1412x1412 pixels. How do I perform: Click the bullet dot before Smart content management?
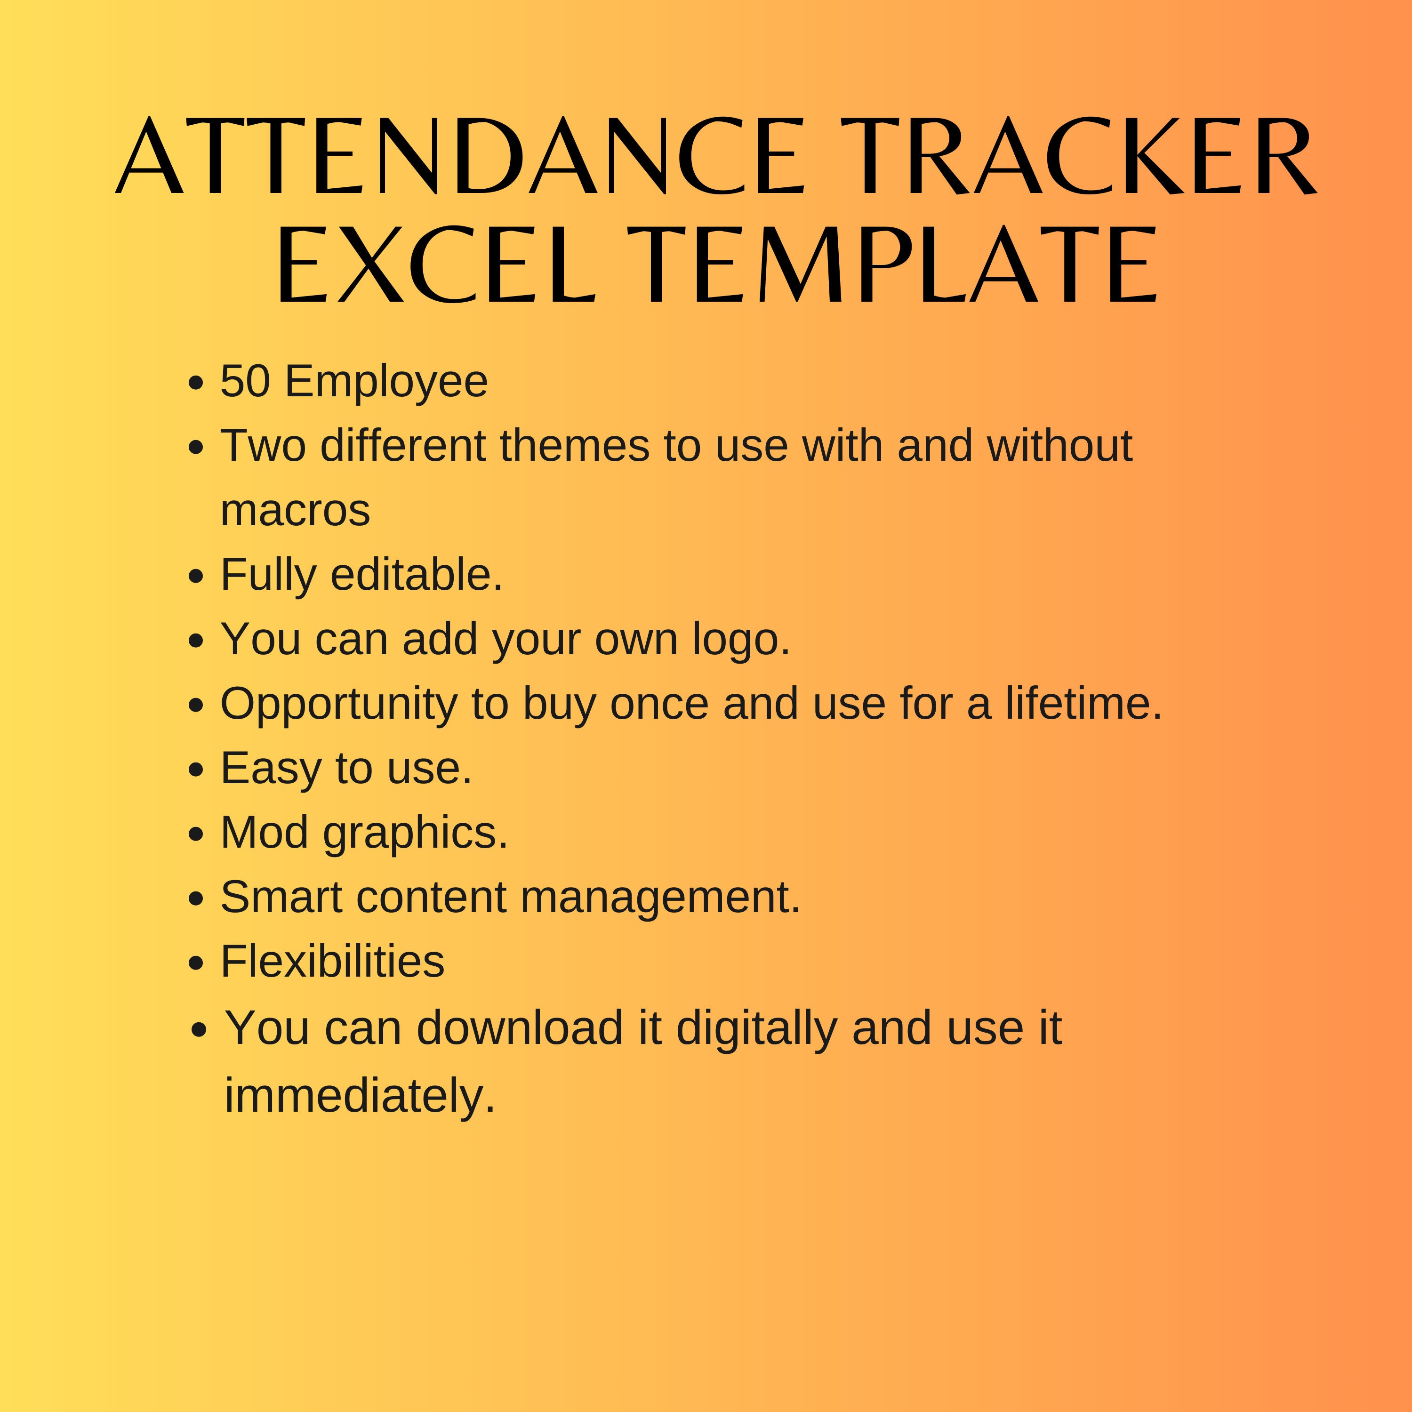point(195,899)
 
